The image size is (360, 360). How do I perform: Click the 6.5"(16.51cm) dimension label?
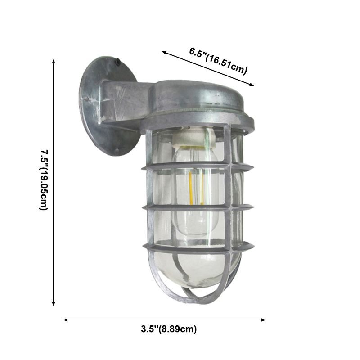218,60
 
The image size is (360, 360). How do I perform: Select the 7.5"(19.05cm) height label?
43,180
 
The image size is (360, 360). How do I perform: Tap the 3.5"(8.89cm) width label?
166,329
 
